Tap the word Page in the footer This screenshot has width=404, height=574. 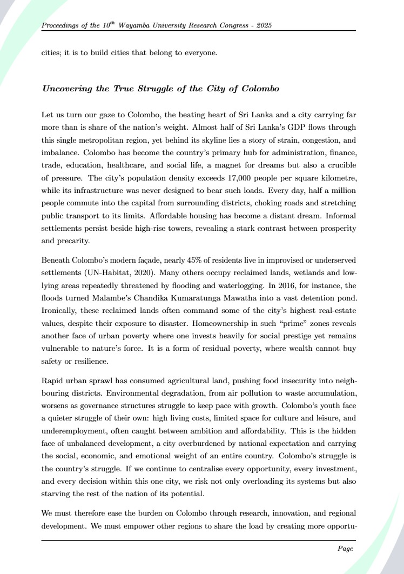(345, 549)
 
